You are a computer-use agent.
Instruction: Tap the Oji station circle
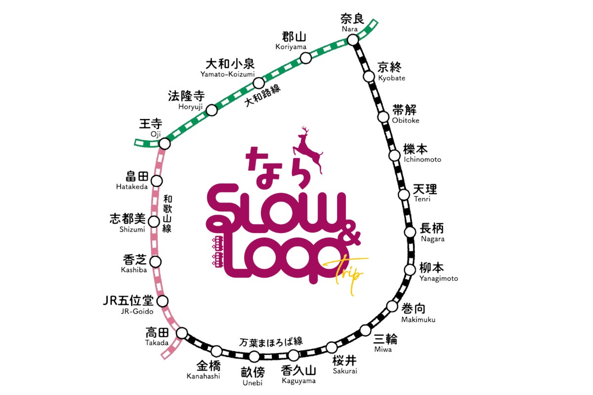(x=165, y=144)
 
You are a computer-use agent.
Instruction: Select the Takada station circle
(x=182, y=332)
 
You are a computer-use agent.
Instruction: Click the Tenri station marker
(x=404, y=195)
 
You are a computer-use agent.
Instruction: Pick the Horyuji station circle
(x=212, y=110)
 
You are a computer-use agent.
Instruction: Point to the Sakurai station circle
(x=332, y=348)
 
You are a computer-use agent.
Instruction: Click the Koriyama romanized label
(x=291, y=47)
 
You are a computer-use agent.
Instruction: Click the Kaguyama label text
(x=298, y=381)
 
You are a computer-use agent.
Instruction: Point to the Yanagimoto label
(x=439, y=278)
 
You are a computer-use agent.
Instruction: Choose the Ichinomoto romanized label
(x=422, y=159)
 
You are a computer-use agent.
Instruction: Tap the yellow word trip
(x=349, y=273)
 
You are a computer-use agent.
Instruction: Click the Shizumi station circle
(x=155, y=222)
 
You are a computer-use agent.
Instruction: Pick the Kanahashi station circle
(x=216, y=351)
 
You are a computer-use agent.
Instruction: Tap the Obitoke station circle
(x=383, y=117)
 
